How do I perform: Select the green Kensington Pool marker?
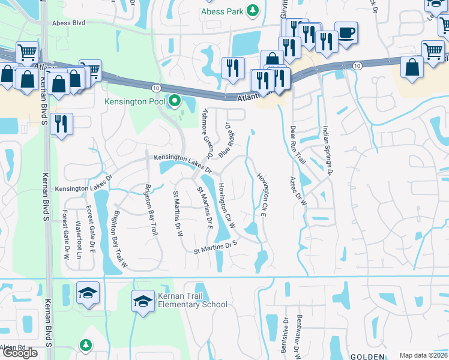[x=175, y=101]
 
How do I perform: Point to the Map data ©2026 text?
[x=423, y=356]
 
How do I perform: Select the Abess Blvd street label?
[x=69, y=23]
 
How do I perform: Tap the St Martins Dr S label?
[x=216, y=247]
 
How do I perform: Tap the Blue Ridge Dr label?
[x=225, y=140]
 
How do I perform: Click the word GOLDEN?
[x=367, y=356]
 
